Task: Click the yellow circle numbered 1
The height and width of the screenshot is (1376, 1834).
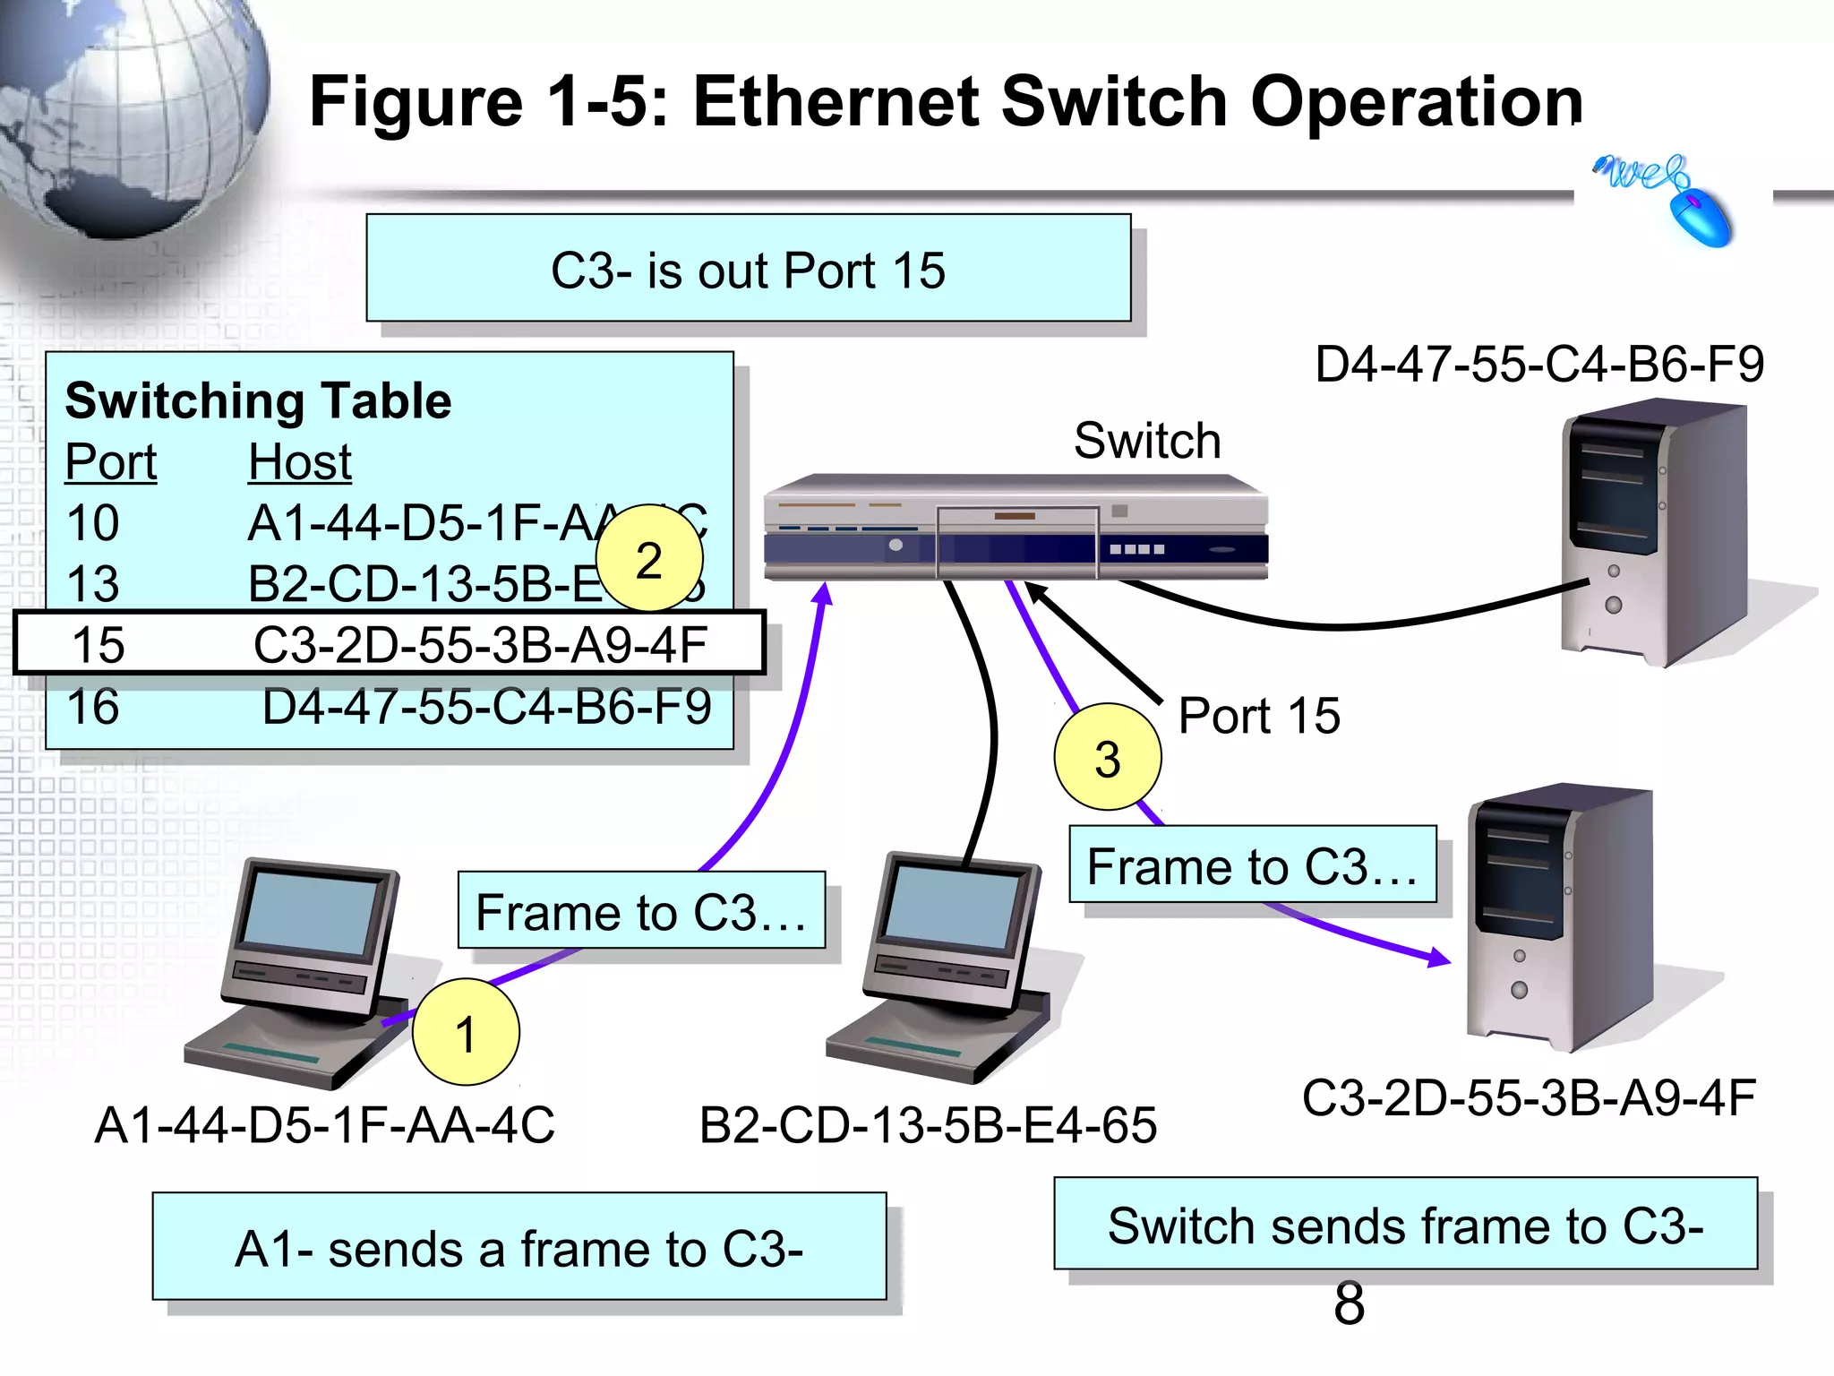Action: (466, 1032)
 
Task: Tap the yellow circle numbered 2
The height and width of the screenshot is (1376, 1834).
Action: (649, 559)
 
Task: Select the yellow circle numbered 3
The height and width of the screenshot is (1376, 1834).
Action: (1108, 757)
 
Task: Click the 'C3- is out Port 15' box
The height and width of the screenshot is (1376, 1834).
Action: (749, 269)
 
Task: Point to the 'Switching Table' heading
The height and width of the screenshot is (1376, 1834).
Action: (258, 400)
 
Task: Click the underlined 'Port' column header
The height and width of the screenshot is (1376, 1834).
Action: (111, 462)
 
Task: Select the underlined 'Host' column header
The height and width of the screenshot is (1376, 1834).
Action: (300, 462)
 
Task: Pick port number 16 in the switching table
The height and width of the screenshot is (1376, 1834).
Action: (93, 707)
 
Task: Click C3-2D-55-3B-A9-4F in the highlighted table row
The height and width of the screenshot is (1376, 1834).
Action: (480, 645)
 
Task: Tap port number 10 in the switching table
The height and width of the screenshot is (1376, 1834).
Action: (93, 523)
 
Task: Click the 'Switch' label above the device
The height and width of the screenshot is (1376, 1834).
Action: (1147, 441)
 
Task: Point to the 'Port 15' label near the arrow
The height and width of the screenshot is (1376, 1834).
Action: (1258, 716)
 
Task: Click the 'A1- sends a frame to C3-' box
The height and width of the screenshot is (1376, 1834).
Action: (519, 1247)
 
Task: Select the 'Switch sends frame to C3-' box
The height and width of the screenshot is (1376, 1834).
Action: (1405, 1225)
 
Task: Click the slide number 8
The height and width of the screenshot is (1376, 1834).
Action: (1349, 1303)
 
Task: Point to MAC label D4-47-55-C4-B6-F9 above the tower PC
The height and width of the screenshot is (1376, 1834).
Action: (1539, 364)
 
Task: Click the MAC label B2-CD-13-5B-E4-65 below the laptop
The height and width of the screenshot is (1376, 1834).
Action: (928, 1125)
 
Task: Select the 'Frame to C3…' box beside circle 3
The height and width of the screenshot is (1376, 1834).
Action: (1252, 865)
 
